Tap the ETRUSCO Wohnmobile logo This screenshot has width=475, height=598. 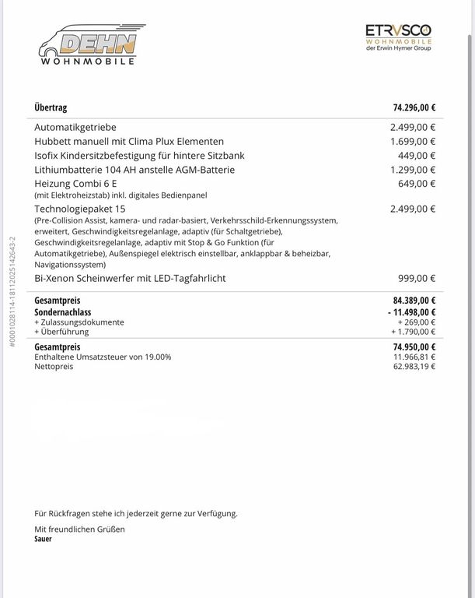[398, 37]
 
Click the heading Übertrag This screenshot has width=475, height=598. [51, 108]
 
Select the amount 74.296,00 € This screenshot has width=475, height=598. [414, 108]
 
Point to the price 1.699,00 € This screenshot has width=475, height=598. [413, 142]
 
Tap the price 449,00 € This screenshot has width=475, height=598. [417, 156]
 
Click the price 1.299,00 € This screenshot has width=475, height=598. [413, 170]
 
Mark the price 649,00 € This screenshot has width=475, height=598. [417, 184]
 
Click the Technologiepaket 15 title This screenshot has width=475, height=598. [80, 209]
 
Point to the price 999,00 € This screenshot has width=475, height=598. [417, 278]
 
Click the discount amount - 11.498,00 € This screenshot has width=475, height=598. [411, 311]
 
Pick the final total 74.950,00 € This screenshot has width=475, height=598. [414, 346]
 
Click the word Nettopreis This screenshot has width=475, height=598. [54, 366]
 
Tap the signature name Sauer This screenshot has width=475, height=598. [44, 538]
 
